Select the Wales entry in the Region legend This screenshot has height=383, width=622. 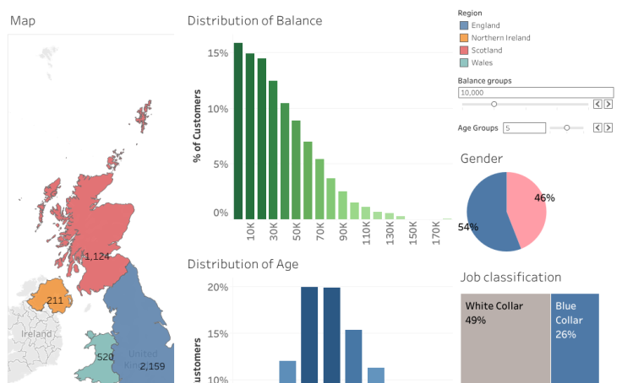coord(482,62)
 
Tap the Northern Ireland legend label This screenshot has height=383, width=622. coord(500,38)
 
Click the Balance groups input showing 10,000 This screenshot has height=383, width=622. coord(535,91)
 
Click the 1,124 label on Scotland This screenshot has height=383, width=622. coord(97,256)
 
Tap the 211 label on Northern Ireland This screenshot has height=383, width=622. coord(55,300)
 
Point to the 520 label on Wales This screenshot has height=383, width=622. coord(106,357)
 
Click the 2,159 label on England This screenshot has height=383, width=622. coord(152,366)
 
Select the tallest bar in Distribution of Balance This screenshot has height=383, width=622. coord(238,131)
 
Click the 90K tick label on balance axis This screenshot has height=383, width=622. coord(343,232)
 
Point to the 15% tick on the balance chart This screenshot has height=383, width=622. coord(218,53)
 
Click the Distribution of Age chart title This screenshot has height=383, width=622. coord(243,264)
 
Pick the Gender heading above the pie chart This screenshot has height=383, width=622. coord(481,159)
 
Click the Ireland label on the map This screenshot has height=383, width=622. coord(37,335)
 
